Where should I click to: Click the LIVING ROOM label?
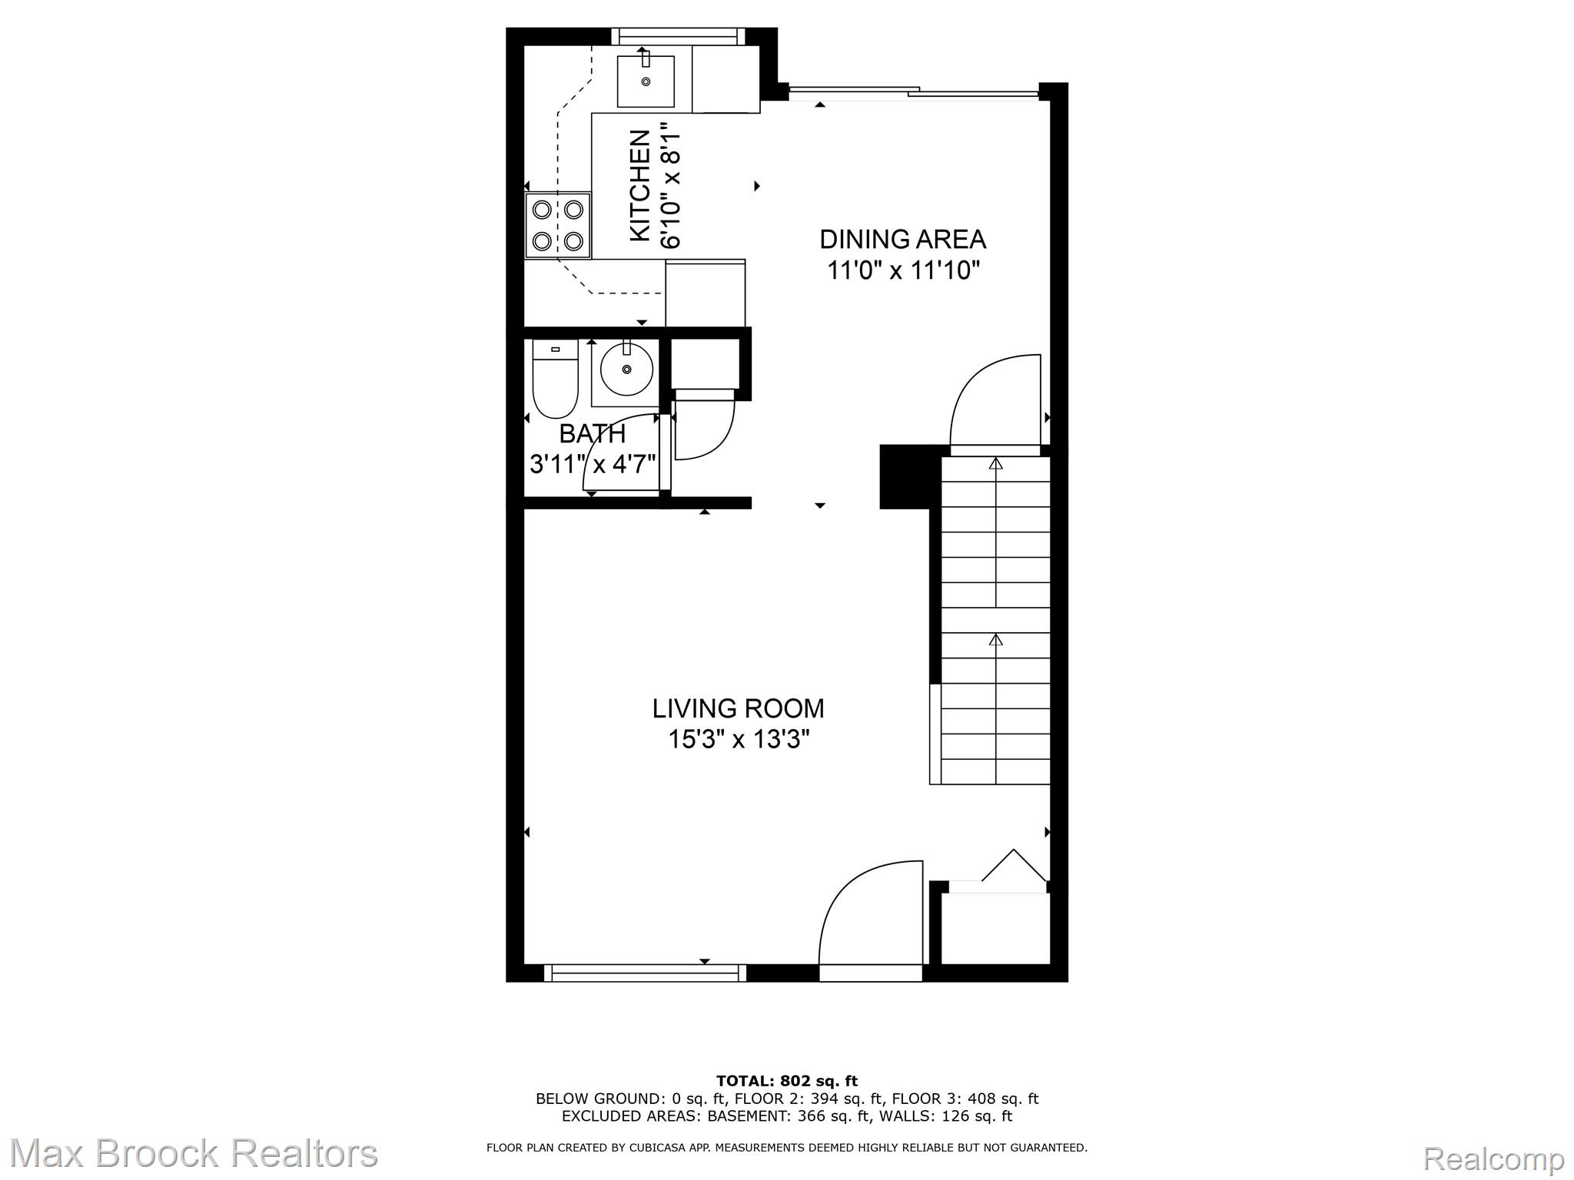tap(738, 708)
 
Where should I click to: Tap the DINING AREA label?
tap(902, 240)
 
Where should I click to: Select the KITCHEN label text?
tap(640, 186)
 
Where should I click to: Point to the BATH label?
tap(592, 434)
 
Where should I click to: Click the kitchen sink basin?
tap(646, 81)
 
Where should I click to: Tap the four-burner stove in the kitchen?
tap(557, 224)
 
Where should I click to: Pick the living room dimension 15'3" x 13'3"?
tap(738, 740)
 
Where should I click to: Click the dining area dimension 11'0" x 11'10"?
tap(903, 271)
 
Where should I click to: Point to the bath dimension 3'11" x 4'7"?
tap(592, 465)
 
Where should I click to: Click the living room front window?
tap(645, 973)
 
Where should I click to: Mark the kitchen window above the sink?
tap(678, 36)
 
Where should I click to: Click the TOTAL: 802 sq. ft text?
tap(786, 1082)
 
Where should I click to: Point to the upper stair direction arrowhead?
tap(996, 463)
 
